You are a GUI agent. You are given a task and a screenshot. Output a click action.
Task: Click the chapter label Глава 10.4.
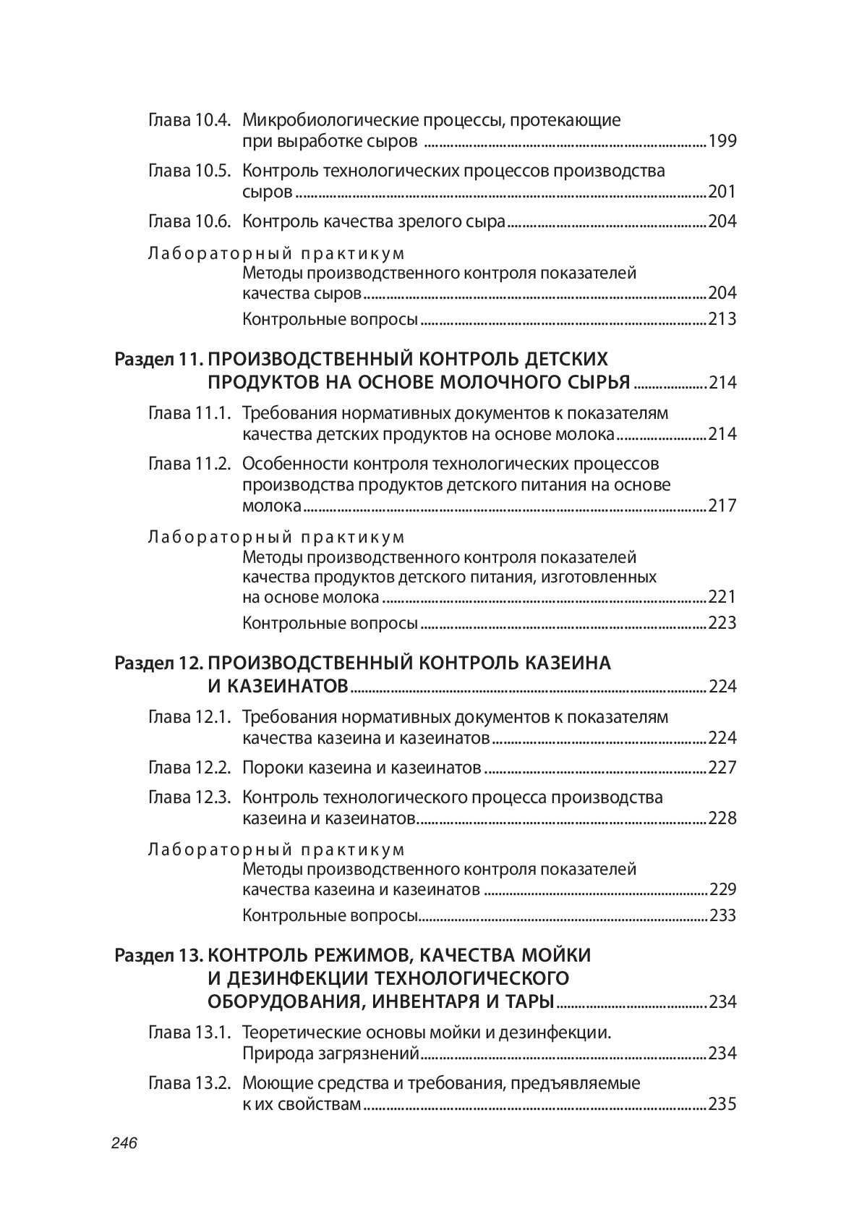point(189,120)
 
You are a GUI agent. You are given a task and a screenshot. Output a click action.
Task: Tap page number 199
point(722,141)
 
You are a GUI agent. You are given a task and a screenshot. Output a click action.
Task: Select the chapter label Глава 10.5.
point(189,171)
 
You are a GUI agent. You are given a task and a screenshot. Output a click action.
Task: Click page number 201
point(722,192)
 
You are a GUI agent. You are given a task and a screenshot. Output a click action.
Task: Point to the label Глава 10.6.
point(189,221)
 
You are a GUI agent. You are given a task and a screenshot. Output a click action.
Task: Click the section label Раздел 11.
point(159,360)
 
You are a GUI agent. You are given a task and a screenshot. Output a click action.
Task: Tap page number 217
point(722,506)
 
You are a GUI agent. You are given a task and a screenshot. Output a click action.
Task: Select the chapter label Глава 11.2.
point(189,464)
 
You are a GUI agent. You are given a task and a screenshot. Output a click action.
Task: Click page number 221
point(722,597)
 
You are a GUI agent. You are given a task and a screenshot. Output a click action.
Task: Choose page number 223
point(722,623)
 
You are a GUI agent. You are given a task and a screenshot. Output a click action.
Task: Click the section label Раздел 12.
point(159,664)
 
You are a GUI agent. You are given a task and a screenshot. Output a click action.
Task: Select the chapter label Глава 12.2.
point(189,768)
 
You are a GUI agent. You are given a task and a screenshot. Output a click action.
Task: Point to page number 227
point(722,768)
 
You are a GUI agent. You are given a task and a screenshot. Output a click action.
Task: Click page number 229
point(722,889)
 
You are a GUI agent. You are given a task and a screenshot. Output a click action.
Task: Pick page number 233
point(722,915)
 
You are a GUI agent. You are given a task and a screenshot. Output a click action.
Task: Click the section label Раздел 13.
point(159,956)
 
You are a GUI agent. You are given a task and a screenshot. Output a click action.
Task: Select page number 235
point(722,1105)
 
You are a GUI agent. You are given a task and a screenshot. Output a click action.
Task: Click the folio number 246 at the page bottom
point(124,1143)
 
